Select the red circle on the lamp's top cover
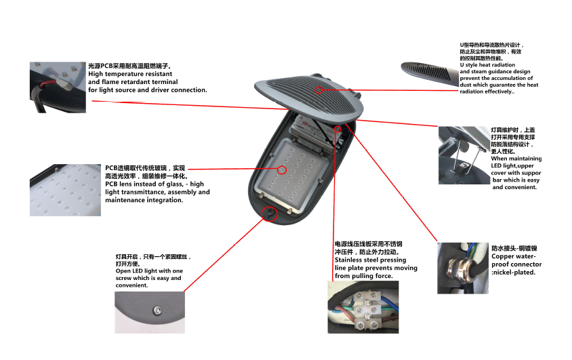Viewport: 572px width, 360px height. (x=319, y=89)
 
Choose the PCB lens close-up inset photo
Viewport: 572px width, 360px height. (x=66, y=189)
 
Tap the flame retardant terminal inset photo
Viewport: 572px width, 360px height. (x=58, y=87)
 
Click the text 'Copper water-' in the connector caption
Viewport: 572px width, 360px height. (x=513, y=257)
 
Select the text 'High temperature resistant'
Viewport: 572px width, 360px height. (x=134, y=73)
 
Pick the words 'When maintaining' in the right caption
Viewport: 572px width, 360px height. (x=515, y=159)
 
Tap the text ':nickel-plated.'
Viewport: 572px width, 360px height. (x=514, y=273)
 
